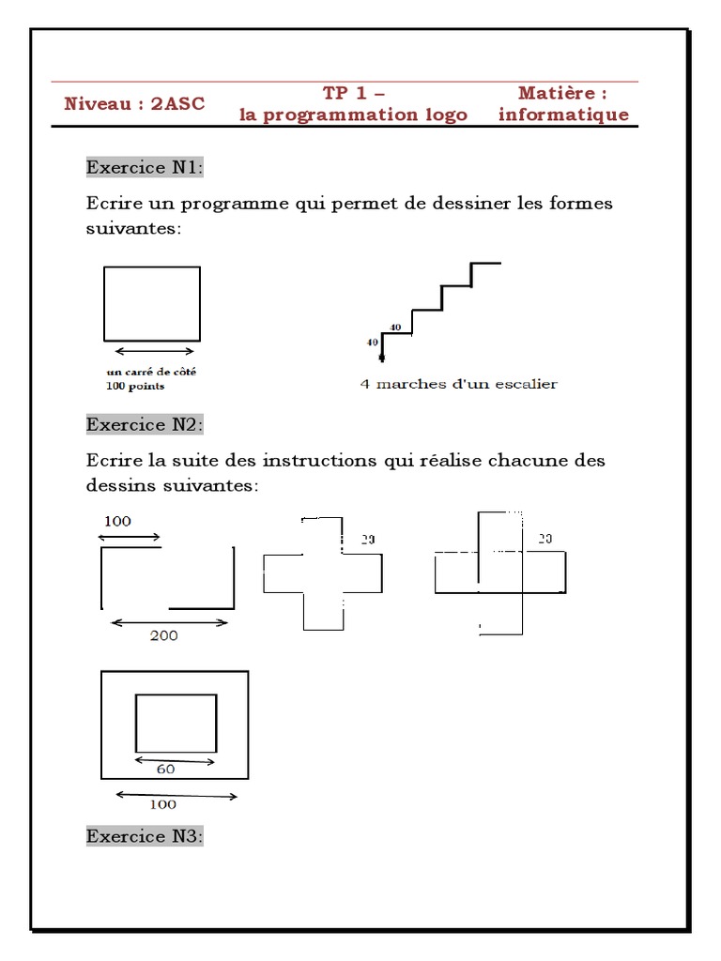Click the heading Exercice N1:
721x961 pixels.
coord(145,167)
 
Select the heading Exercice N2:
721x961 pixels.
coord(145,424)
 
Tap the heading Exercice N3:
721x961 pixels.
coord(145,835)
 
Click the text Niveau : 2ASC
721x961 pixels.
coord(134,103)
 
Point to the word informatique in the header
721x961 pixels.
coord(563,114)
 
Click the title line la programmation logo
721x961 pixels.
coord(354,114)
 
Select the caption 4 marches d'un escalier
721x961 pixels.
coord(459,384)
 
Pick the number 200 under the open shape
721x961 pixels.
coord(163,635)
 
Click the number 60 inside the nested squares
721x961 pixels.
coord(165,769)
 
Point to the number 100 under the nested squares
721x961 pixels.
coord(162,804)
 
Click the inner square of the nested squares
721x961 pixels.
coord(176,724)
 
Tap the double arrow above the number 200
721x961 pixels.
coord(169,621)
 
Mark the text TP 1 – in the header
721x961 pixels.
coord(354,93)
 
